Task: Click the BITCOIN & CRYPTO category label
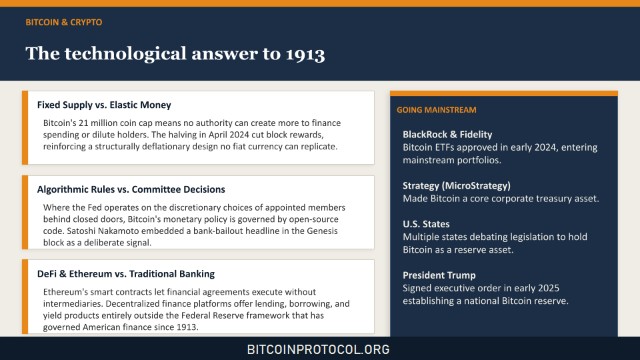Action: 64,22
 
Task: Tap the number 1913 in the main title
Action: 305,54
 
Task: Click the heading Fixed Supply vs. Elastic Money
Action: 104,105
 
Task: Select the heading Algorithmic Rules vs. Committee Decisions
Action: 131,189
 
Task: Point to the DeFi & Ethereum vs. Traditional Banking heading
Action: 126,274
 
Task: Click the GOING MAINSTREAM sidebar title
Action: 436,110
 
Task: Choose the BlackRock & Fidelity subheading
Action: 447,134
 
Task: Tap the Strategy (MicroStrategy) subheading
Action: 456,186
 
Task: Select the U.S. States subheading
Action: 426,224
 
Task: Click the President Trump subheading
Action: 439,275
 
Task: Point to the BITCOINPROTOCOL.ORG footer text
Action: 319,349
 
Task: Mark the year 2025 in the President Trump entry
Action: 548,288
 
